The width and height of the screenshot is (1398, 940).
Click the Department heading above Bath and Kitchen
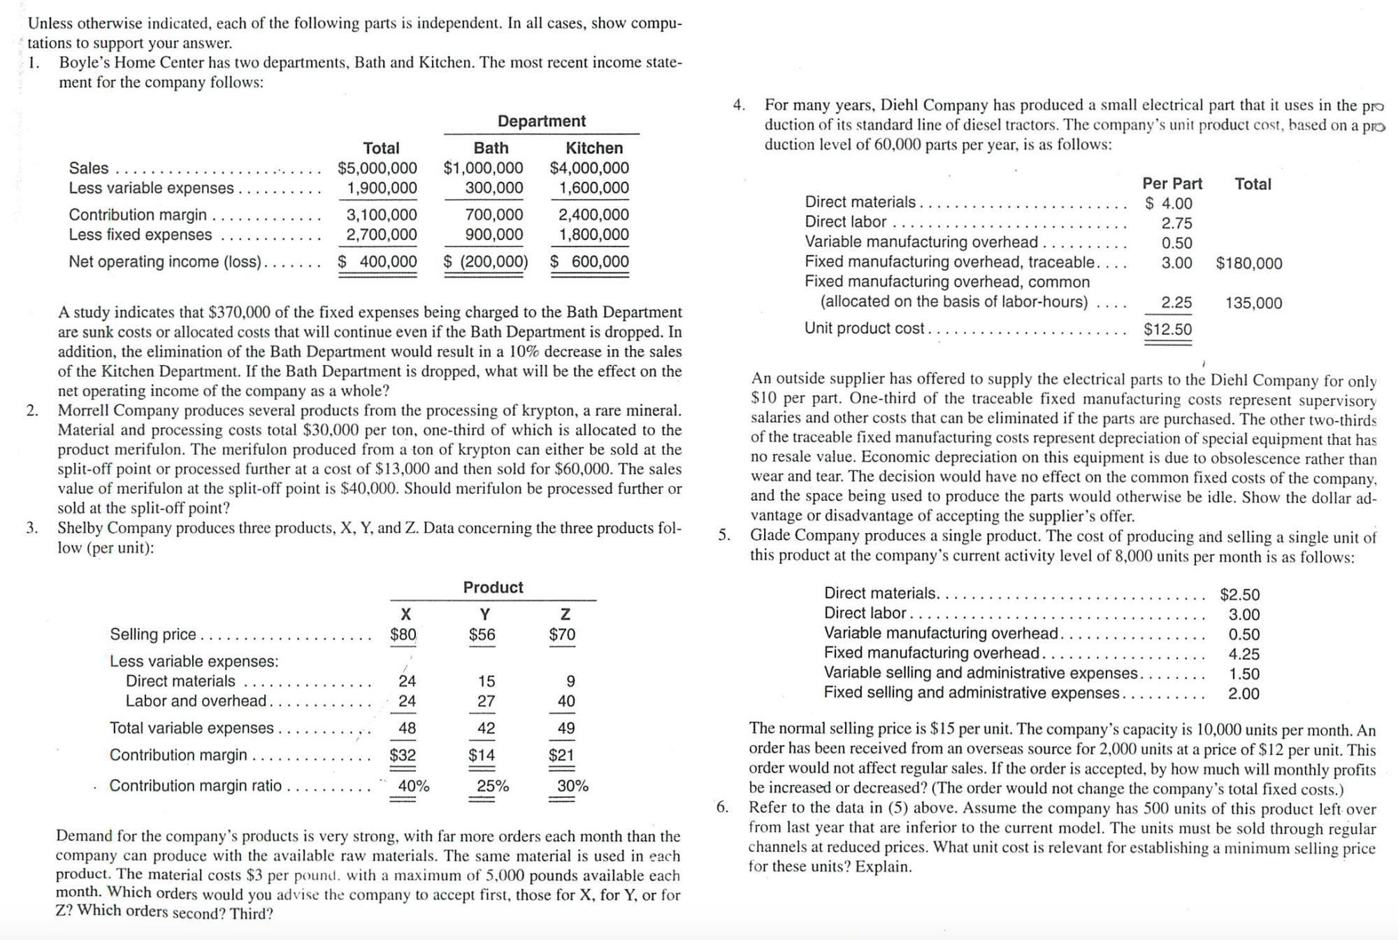[x=542, y=121]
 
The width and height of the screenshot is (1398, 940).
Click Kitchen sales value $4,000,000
[x=589, y=168]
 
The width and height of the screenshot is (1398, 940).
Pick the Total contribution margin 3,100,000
[x=382, y=215]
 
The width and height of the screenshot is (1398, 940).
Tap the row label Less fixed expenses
[x=140, y=235]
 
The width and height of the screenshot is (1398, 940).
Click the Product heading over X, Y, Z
[x=493, y=587]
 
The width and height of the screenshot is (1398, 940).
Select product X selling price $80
[x=403, y=635]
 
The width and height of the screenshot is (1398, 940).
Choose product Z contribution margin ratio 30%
[x=572, y=786]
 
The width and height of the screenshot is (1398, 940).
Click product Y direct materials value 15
[x=487, y=681]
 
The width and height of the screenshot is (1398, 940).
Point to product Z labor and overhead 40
[x=566, y=701]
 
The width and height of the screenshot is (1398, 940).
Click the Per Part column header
[x=1172, y=184]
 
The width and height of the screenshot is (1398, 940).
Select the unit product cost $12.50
[x=1168, y=329]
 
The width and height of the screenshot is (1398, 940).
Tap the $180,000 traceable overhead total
[x=1249, y=264]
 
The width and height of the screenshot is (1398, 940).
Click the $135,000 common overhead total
[x=1254, y=304]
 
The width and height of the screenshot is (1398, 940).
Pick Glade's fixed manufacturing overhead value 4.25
[x=1244, y=655]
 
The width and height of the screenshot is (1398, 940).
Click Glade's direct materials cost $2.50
[x=1240, y=595]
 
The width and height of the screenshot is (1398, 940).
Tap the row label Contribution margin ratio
[x=196, y=786]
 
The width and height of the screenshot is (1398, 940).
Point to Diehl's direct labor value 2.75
[x=1177, y=224]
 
